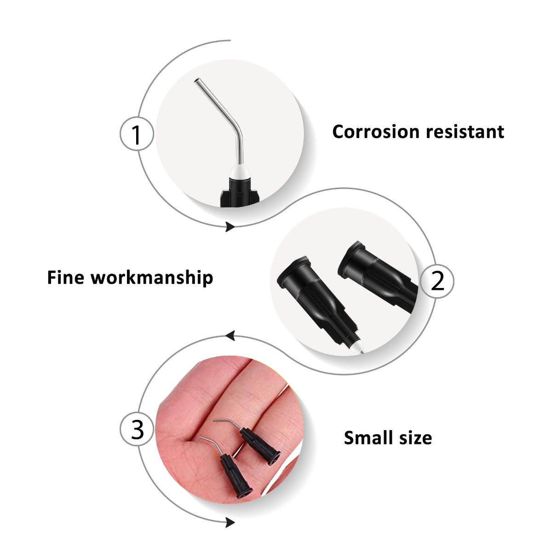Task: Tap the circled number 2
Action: pyautogui.click(x=437, y=281)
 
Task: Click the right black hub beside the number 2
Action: pyautogui.click(x=377, y=276)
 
